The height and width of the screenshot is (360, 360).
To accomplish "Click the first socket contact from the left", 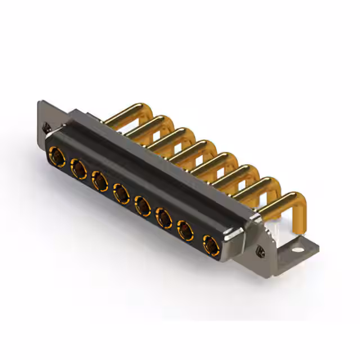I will pos(57,154).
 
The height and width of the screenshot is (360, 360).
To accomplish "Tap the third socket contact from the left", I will pos(100,181).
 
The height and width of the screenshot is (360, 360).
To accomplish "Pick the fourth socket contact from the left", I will pos(121,194).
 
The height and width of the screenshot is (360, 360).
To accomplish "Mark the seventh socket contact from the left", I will pos(185,229).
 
